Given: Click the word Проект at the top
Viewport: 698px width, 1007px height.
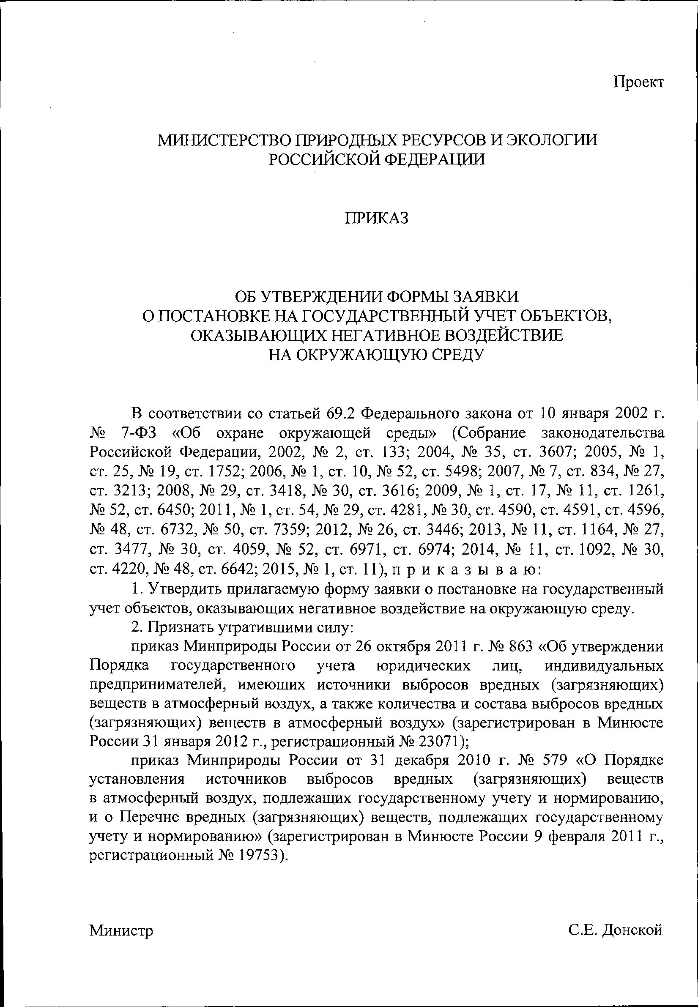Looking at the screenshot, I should click(639, 82).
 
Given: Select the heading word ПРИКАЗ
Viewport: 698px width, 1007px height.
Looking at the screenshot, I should click(377, 218).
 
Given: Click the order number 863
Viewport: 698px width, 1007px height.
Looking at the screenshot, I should click(521, 647).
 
